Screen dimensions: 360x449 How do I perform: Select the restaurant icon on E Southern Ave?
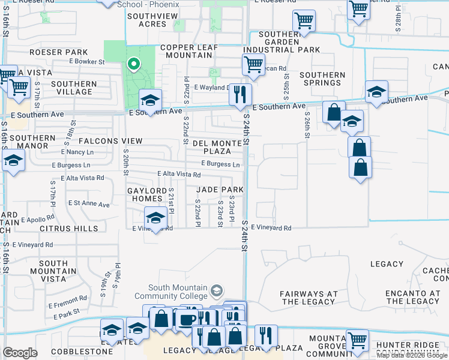(x=240, y=95)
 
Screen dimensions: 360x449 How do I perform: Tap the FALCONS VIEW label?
(x=110, y=141)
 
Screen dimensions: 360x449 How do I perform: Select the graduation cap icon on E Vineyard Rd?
(x=155, y=218)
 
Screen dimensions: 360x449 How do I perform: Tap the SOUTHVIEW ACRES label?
(x=146, y=20)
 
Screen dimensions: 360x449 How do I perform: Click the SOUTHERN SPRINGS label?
(x=323, y=79)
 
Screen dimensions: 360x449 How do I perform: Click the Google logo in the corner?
(x=19, y=353)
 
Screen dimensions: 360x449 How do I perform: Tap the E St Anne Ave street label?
(x=89, y=204)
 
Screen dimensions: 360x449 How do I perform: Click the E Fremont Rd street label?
(x=70, y=299)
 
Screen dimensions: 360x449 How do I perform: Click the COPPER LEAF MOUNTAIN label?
(x=185, y=51)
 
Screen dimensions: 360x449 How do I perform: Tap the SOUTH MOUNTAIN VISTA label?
(x=53, y=271)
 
